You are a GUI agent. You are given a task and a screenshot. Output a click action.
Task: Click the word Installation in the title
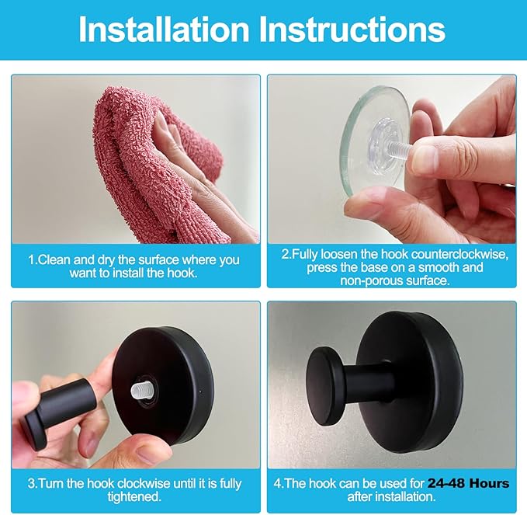163,29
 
